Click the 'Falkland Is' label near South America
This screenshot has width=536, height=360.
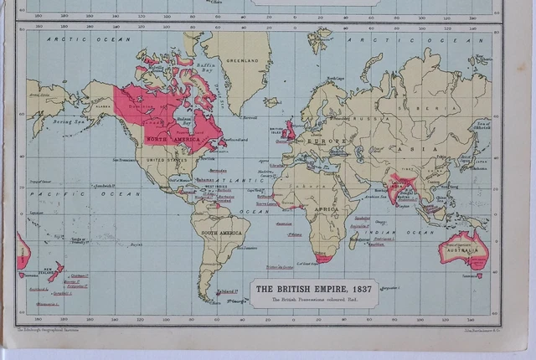pyautogui.click(x=228, y=291)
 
